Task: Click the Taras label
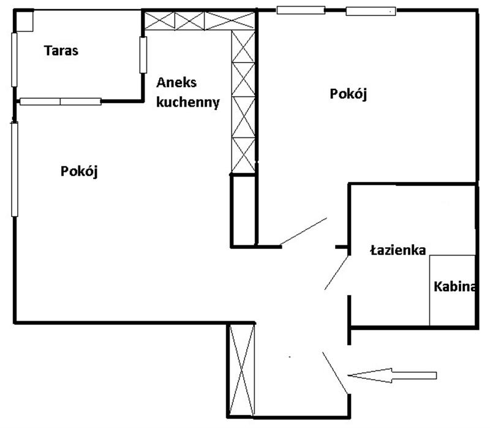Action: click(61, 51)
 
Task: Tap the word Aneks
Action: click(176, 83)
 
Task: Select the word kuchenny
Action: click(188, 102)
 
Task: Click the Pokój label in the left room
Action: click(79, 172)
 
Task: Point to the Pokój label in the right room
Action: click(348, 94)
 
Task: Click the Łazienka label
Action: click(398, 250)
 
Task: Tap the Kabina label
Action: click(454, 286)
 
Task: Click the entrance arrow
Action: click(392, 375)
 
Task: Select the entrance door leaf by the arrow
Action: click(335, 373)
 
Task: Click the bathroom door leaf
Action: click(336, 272)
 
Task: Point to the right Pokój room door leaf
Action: click(303, 231)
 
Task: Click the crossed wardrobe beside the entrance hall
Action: click(241, 370)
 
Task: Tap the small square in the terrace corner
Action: click(24, 21)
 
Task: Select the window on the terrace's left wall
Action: click(14, 59)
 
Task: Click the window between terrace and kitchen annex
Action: click(143, 55)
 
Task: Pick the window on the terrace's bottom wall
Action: click(60, 101)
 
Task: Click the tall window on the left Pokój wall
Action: click(14, 169)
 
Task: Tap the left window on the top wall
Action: click(301, 10)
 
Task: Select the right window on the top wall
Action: click(371, 11)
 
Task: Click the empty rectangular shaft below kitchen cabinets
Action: click(244, 210)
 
